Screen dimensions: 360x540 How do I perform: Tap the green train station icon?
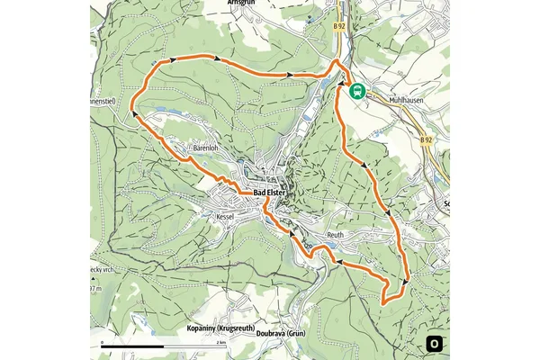(x=357, y=90)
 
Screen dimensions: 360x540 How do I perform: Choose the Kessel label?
(x=225, y=218)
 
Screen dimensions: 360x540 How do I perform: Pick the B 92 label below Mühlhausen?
(x=426, y=141)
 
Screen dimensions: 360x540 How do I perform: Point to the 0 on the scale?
(x=103, y=342)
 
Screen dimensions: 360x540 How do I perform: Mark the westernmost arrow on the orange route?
(x=135, y=113)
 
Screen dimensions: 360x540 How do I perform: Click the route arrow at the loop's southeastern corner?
(x=405, y=281)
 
